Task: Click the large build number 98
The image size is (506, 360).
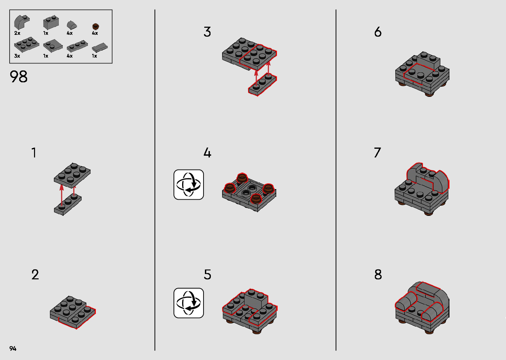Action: coord(19,76)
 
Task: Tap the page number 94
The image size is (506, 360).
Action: coord(13,348)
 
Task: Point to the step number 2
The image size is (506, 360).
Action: coord(35,275)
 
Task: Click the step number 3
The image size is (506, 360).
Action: coord(207,32)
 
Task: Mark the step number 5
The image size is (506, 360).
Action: coord(207,275)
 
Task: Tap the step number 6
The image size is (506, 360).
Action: coord(378,32)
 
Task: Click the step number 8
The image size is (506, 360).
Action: coord(378,275)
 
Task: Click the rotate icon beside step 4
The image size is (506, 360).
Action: coord(189,185)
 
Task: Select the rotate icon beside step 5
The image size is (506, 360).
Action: coord(189,303)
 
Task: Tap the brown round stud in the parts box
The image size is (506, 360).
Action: coord(96,26)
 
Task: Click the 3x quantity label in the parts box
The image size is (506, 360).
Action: coord(17,56)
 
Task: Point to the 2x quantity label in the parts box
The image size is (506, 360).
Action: coord(17,33)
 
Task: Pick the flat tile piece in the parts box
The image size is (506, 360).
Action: coord(99,48)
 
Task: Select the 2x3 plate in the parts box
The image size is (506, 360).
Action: coord(27,45)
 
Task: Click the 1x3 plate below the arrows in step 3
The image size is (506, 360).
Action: coord(262,85)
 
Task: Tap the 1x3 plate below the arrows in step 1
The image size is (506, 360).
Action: coord(68,205)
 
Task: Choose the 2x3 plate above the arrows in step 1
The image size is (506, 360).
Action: coord(72,175)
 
